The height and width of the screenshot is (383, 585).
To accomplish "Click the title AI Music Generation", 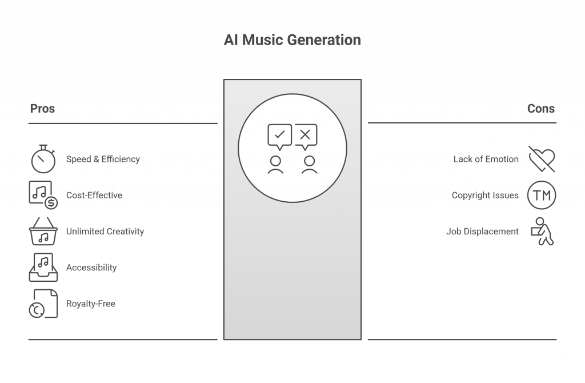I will [x=292, y=42].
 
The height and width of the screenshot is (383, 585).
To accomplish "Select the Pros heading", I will [x=42, y=108].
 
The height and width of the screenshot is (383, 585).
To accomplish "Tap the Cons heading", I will [x=540, y=108].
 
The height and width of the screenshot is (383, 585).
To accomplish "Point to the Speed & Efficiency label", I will [x=103, y=159].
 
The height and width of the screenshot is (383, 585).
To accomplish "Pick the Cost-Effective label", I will [x=94, y=195].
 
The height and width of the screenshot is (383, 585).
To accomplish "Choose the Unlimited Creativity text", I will [x=105, y=232].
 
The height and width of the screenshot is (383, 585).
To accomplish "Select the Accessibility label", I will [x=92, y=268].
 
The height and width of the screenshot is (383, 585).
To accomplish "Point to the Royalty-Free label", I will [x=91, y=304].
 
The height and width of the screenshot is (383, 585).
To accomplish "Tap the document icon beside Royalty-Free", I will [x=43, y=303].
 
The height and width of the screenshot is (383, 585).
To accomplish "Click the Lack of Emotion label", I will [x=486, y=160].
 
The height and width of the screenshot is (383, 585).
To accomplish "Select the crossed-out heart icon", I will [x=540, y=158].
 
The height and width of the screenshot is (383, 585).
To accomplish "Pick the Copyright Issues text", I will [x=486, y=195].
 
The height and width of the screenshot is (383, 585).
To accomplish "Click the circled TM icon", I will [x=540, y=195].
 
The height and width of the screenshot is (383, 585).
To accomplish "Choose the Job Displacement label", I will [x=483, y=232].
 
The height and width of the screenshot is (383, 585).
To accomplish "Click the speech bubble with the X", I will [x=306, y=135].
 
